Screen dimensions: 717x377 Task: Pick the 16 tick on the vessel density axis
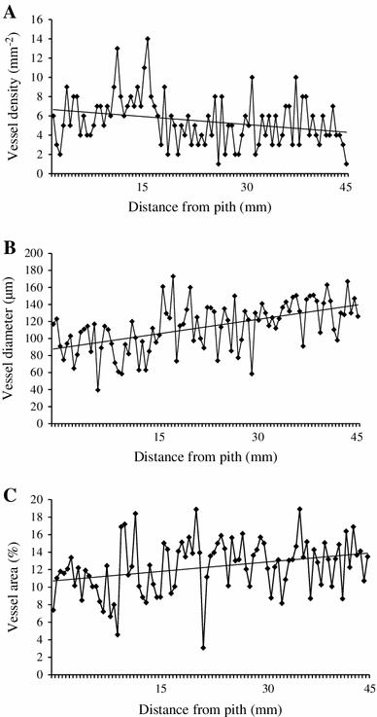pos(38,19)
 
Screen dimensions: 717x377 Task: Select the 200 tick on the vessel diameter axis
pos(36,253)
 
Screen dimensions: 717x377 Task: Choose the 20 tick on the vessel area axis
pos(38,499)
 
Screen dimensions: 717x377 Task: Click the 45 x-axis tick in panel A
pos(347,187)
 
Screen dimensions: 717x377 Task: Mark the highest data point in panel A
pos(148,39)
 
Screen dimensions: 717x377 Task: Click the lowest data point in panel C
pos(203,648)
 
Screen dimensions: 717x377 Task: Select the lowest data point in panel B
pos(98,390)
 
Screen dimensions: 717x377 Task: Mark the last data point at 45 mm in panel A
pos(347,164)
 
